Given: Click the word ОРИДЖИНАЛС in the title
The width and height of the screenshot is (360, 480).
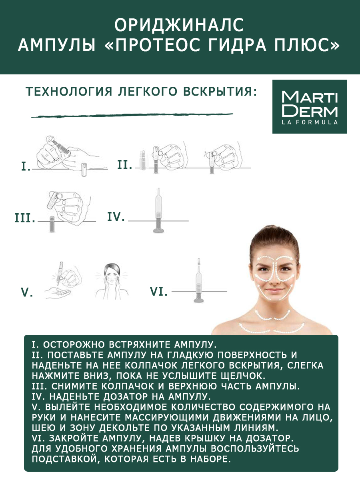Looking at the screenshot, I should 179,25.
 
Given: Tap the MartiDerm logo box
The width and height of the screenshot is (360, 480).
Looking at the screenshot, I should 309,106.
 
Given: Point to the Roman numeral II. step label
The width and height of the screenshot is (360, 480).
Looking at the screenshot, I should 125,164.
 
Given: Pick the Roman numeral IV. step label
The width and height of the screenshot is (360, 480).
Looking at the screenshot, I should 116,217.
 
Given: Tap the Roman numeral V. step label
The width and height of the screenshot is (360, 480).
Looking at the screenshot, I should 27,292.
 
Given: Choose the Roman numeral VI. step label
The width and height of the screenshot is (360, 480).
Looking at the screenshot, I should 158,292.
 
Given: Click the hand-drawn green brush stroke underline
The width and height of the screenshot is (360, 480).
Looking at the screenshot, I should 132,116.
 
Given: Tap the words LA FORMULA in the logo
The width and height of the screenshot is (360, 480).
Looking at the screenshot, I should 309,122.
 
